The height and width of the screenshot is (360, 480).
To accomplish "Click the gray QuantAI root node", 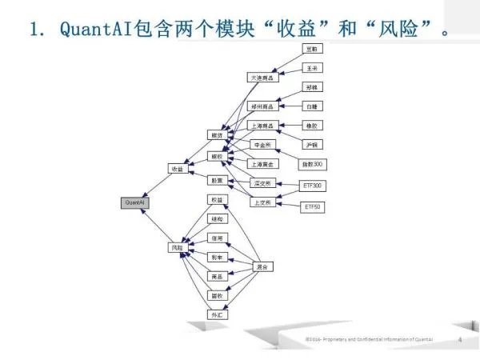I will pyautogui.click(x=134, y=203).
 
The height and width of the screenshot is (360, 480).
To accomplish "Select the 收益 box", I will pyautogui.click(x=177, y=169).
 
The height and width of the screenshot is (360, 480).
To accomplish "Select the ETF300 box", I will pyautogui.click(x=312, y=186).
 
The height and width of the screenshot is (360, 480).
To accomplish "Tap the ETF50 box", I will pyautogui.click(x=312, y=207).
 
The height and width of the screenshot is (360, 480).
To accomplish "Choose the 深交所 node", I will pyautogui.click(x=262, y=183).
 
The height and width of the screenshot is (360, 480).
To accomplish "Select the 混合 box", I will pyautogui.click(x=263, y=266).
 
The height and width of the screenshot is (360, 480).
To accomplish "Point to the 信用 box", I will pyautogui.click(x=216, y=238).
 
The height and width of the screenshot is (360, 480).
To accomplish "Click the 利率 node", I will pyautogui.click(x=216, y=257).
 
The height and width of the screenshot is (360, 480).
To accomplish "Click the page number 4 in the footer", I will pyautogui.click(x=459, y=339).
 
